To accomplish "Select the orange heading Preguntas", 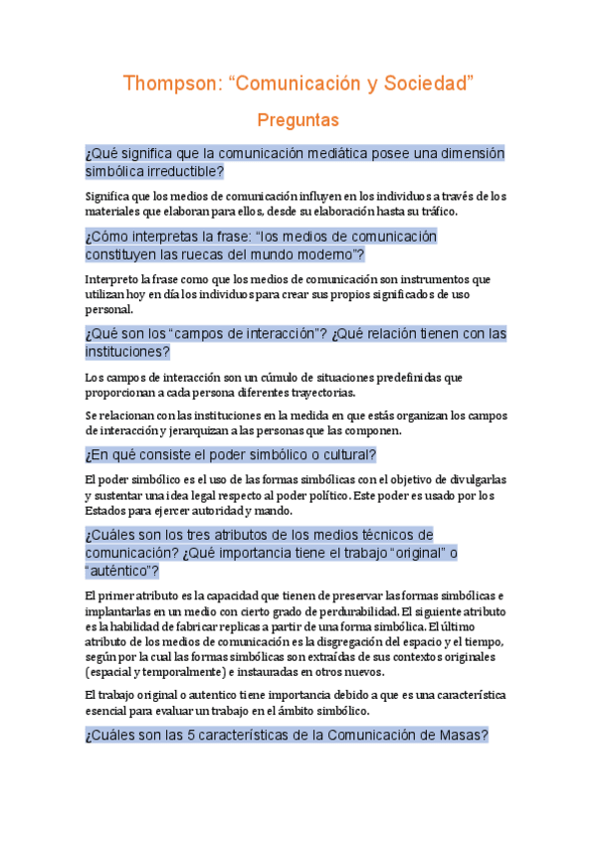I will point(298,120).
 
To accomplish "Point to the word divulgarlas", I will point(472,480).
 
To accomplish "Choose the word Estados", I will point(106,510).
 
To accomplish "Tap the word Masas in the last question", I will point(460,736).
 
